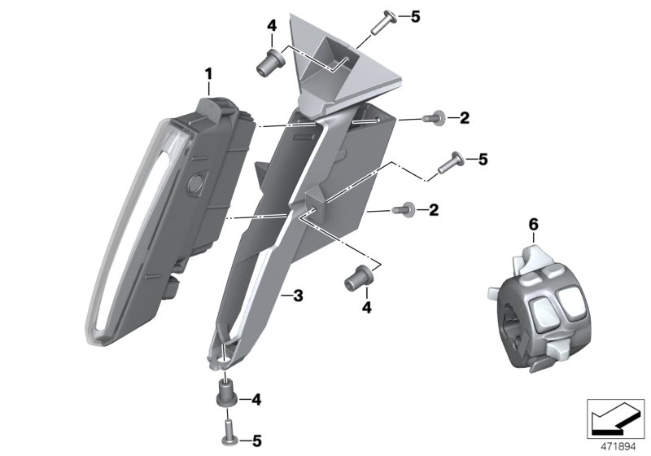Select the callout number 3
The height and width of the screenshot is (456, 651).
click(x=298, y=296)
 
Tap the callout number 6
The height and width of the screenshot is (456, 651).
click(x=533, y=222)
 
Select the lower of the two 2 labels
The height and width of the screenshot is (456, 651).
click(x=434, y=210)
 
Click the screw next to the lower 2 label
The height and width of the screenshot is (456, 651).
click(x=401, y=210)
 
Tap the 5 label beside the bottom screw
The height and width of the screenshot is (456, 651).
click(x=256, y=441)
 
